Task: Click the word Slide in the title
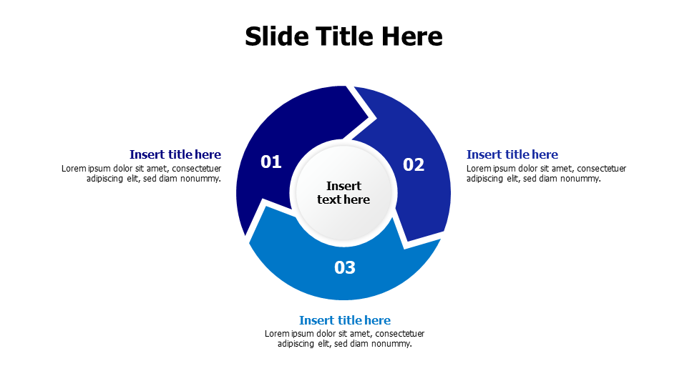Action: pos(275,36)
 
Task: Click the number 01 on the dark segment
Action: pos(271,162)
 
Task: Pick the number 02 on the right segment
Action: pos(414,165)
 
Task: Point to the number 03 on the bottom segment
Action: pos(345,267)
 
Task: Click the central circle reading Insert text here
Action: pos(343,193)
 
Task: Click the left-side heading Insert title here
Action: pos(175,154)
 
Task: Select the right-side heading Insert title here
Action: pos(512,154)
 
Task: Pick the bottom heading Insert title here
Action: pos(345,320)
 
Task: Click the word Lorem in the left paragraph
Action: pos(73,169)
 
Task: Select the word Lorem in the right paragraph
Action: pos(478,169)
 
